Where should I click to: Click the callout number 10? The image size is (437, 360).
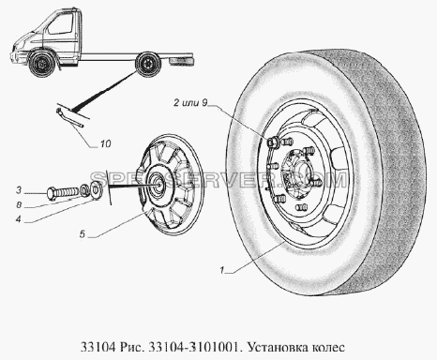106,143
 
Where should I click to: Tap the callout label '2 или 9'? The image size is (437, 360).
190,103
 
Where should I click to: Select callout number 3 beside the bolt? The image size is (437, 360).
19,189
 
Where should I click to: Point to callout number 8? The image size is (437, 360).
19,205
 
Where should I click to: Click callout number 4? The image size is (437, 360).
19,219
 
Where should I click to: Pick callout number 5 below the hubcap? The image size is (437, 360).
83,233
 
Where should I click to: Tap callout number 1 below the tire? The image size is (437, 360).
222,270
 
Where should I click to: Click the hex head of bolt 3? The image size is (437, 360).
52,192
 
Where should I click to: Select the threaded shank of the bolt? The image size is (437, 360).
68,190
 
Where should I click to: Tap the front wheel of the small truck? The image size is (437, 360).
40,64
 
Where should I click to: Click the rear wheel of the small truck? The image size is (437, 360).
146,65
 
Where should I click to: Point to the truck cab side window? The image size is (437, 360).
60,25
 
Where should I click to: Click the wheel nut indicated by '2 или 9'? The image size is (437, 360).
271,142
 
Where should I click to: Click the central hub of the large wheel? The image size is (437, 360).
297,176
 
